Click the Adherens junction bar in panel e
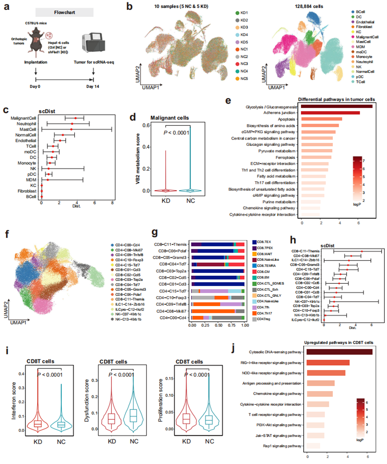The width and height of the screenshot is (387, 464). click(x=331, y=112)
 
